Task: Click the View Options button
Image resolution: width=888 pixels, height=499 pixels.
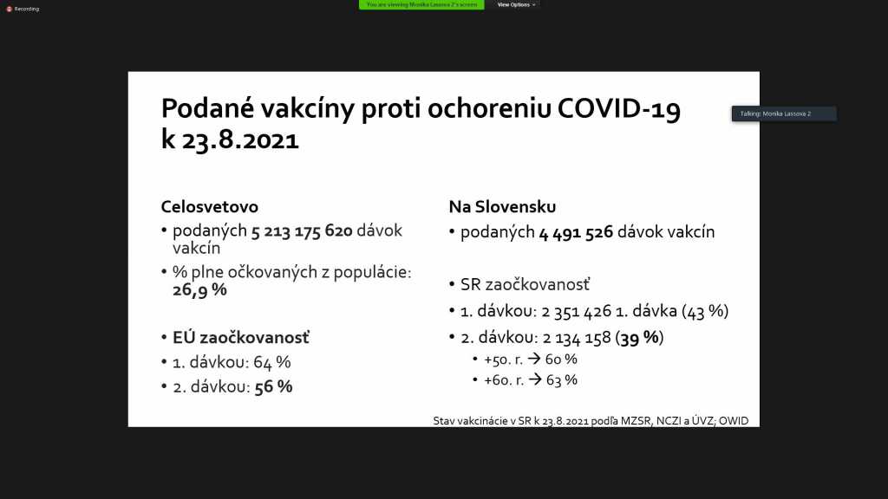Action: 516,4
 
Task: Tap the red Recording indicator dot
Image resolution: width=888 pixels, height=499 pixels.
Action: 9,9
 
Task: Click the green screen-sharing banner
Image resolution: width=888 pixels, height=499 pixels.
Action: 421,4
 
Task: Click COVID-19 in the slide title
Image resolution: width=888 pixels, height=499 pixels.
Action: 619,108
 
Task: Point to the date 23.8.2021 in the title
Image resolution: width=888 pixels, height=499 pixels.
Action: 240,139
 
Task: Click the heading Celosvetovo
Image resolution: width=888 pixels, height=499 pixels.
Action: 210,206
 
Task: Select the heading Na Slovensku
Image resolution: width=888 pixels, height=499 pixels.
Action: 502,206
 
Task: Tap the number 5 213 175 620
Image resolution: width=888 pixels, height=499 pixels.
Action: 302,230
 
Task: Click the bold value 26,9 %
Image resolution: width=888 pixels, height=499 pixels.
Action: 200,289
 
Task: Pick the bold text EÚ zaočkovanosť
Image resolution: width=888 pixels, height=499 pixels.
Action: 241,337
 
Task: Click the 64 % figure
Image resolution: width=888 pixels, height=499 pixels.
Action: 271,362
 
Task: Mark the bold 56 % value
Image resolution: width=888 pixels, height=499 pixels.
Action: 273,387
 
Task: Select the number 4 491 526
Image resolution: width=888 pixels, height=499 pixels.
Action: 576,232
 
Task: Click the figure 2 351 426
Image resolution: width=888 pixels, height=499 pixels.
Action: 577,311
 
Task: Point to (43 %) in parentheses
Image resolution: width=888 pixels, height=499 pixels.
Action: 705,311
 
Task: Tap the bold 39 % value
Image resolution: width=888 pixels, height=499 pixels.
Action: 640,338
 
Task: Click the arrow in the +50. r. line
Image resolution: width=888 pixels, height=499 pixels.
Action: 534,359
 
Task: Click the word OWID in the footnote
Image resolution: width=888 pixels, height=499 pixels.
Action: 734,421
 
